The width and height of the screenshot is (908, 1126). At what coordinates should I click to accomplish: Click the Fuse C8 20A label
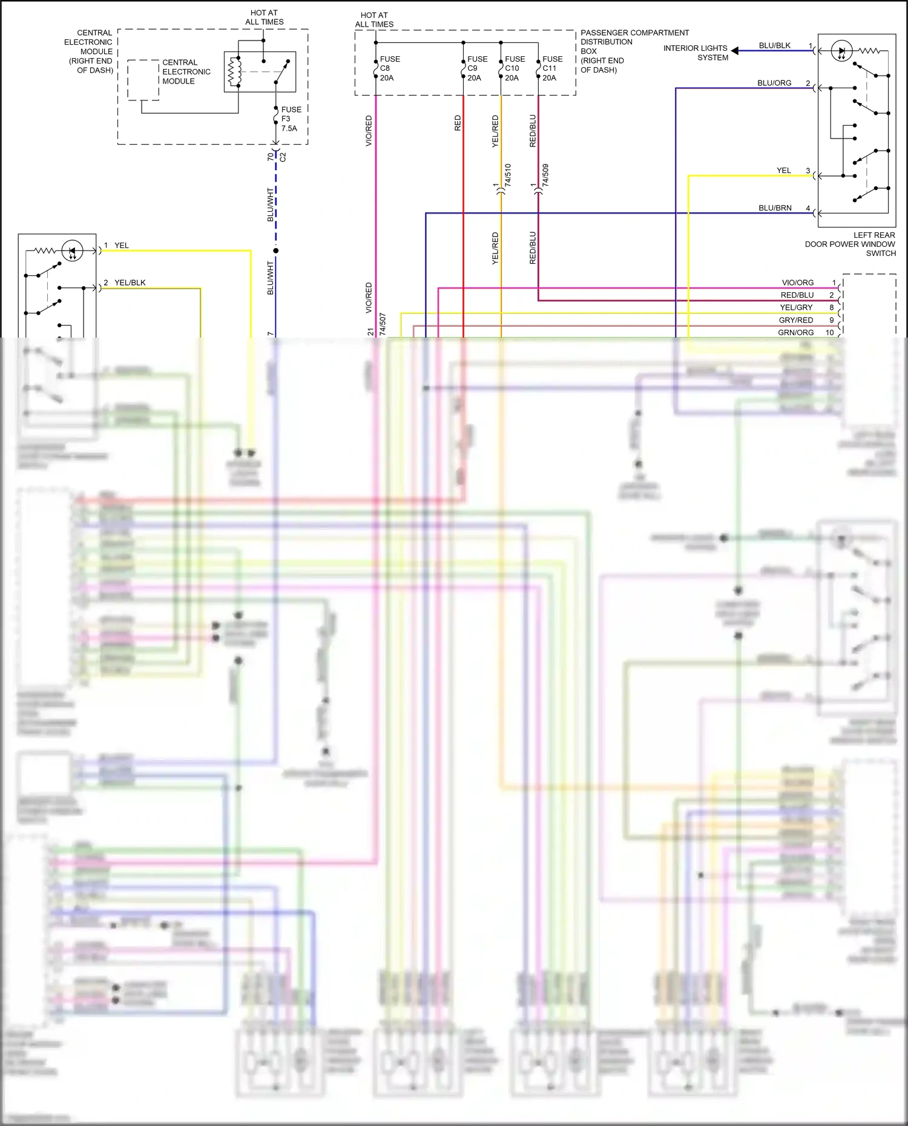coord(389,68)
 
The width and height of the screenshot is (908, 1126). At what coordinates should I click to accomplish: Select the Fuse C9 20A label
coord(477,68)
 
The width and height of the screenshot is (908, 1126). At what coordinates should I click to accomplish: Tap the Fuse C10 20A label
coord(515,68)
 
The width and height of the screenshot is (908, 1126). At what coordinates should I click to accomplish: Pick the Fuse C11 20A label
coord(552,68)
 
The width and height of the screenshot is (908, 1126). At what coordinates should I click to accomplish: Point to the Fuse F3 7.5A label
coord(291,119)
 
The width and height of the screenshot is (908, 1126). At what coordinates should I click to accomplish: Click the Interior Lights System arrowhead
coord(735,51)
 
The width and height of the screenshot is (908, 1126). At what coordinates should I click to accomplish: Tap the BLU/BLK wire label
coord(774,46)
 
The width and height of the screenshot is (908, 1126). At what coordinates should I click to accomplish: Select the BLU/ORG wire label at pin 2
coord(774,83)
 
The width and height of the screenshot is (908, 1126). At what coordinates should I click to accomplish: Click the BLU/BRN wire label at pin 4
coord(775,208)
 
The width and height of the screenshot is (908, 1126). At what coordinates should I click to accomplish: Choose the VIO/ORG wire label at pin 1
coord(797,283)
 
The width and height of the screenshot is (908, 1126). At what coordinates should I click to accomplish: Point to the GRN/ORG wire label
coord(795,333)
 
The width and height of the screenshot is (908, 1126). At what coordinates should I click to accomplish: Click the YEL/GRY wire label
coord(796,308)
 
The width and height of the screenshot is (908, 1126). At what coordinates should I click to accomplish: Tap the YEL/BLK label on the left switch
coord(130,283)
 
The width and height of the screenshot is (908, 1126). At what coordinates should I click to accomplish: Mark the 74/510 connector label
coord(508,175)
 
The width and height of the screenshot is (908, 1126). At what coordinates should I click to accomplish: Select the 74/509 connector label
coord(545,175)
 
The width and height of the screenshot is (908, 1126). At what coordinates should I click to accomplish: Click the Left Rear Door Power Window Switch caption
coord(850,244)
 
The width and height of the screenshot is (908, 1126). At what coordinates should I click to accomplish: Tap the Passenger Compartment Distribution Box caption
coord(634,51)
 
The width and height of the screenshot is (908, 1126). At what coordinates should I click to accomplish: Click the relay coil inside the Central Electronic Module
coord(233,72)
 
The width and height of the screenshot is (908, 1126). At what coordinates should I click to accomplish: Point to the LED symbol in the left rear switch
coord(841,51)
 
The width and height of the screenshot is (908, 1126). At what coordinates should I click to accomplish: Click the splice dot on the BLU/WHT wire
coord(276,250)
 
